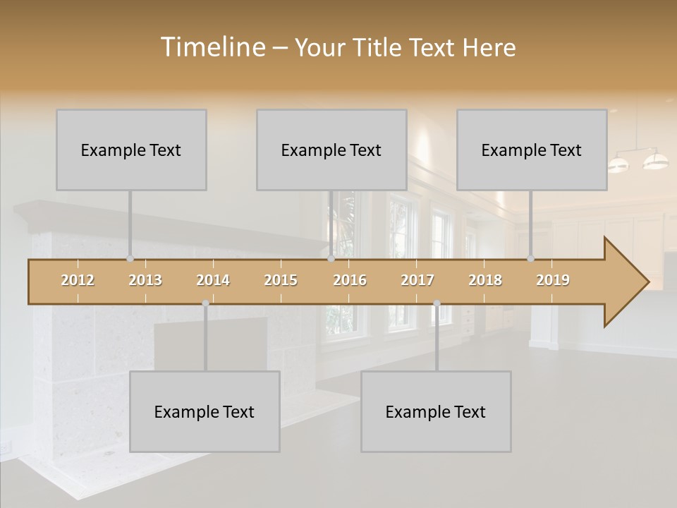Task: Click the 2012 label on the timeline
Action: pos(78,280)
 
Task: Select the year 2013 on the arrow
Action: pos(145,280)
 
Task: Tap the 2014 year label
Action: pos(213,280)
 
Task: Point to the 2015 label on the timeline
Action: pos(281,280)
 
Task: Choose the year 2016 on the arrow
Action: pos(350,280)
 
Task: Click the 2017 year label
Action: pos(417,280)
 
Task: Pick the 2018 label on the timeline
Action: pos(485,280)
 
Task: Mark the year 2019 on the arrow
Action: pos(553,280)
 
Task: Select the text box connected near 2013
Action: pos(131,150)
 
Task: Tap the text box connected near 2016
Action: pos(331,150)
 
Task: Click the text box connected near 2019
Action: pos(532,150)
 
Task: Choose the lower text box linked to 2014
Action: pos(205,411)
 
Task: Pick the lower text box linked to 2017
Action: pos(436,411)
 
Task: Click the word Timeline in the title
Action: pos(212,47)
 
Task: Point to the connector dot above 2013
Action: pos(130,258)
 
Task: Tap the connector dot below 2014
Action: pos(205,303)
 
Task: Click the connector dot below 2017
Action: pos(437,303)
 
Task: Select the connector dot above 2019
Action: pos(530,258)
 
